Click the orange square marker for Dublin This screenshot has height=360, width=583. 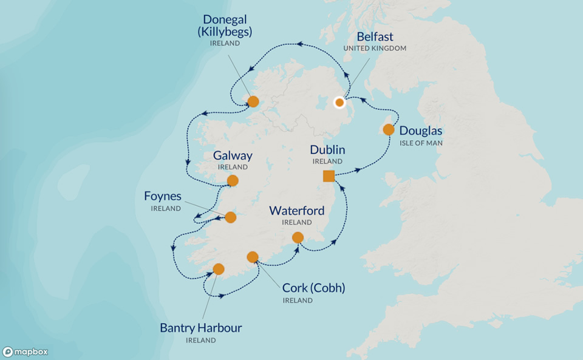329,176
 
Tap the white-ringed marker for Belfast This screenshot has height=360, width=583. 340,103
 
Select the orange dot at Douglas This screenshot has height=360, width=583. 389,130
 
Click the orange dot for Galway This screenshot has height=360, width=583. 233,180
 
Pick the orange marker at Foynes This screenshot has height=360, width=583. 230,217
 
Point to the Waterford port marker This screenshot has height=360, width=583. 298,237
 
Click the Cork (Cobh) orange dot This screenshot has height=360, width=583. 253,257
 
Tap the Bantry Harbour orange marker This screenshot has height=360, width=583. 219,269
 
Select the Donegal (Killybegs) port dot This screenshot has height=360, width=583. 253,101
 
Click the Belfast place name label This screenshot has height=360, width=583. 375,36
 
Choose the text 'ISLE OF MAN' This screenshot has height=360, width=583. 421,143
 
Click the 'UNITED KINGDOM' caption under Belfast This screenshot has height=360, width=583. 375,49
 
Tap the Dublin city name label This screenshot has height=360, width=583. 327,149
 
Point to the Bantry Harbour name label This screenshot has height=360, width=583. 200,328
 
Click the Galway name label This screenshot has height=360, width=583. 233,155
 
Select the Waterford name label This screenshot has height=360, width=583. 297,211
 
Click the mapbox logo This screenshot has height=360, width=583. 26,352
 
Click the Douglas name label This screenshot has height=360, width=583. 421,131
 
